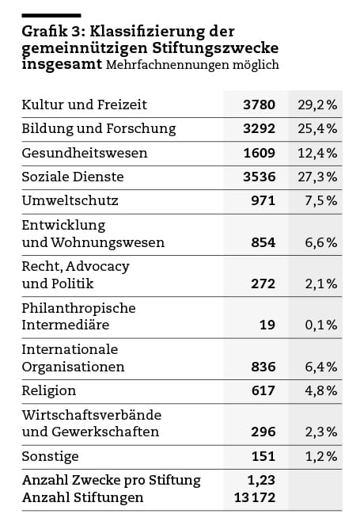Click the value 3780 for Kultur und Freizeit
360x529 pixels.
pyautogui.click(x=259, y=105)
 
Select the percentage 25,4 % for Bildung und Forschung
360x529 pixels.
pyautogui.click(x=317, y=128)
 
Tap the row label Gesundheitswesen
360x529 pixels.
pyautogui.click(x=85, y=153)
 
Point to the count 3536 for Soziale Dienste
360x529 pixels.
pyautogui.click(x=259, y=177)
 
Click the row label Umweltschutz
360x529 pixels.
pyautogui.click(x=70, y=200)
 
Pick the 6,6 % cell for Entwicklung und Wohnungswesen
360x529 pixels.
pyautogui.click(x=321, y=242)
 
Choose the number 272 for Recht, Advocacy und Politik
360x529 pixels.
pyautogui.click(x=263, y=284)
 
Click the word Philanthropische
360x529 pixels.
pyautogui.click(x=78, y=308)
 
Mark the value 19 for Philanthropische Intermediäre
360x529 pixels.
pyautogui.click(x=267, y=325)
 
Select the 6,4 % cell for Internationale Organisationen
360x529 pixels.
pyautogui.click(x=321, y=367)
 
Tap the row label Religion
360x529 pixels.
pyautogui.click(x=49, y=391)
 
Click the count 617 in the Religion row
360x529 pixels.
pyautogui.click(x=263, y=390)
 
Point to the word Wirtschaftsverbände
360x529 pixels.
pyautogui.click(x=92, y=415)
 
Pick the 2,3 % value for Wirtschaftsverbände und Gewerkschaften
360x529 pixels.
pyautogui.click(x=321, y=432)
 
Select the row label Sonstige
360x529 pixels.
pyautogui.click(x=50, y=456)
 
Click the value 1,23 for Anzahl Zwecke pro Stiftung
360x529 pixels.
pyautogui.click(x=261, y=480)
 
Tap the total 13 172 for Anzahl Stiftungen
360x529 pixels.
pyautogui.click(x=255, y=497)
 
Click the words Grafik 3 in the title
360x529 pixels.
pyautogui.click(x=51, y=32)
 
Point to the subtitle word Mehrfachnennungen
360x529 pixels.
pyautogui.click(x=167, y=64)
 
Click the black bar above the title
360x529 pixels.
pyautogui.click(x=51, y=16)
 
